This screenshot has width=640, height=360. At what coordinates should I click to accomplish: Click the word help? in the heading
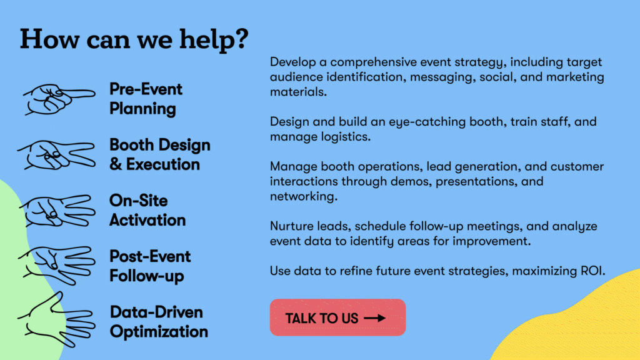click(214, 40)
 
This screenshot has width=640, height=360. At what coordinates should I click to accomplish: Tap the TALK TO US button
click(337, 317)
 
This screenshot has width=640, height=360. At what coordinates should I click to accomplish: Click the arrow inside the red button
click(375, 318)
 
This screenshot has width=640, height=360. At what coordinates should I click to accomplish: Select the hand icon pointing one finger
click(59, 99)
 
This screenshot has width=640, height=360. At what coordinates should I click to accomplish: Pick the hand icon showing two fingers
click(57, 155)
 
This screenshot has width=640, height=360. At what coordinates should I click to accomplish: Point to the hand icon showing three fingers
click(57, 211)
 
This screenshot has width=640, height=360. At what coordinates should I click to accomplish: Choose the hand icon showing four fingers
click(57, 265)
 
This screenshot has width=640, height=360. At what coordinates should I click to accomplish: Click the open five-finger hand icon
click(57, 319)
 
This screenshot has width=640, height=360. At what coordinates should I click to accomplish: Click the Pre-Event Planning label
click(146, 99)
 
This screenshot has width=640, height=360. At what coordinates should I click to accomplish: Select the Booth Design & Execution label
click(159, 155)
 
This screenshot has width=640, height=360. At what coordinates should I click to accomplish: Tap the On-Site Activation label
click(147, 210)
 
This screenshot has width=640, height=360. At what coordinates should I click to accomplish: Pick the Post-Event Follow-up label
click(150, 266)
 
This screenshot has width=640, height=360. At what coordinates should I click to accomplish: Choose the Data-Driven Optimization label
click(159, 322)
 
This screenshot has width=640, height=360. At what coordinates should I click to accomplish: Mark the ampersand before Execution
click(116, 164)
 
